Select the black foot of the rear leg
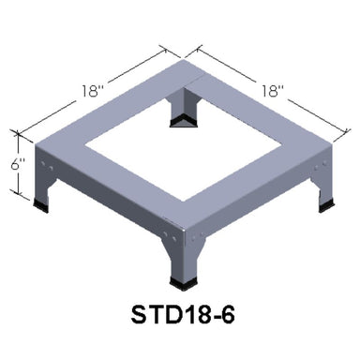[x=183, y=121]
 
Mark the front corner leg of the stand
[x=181, y=253]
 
